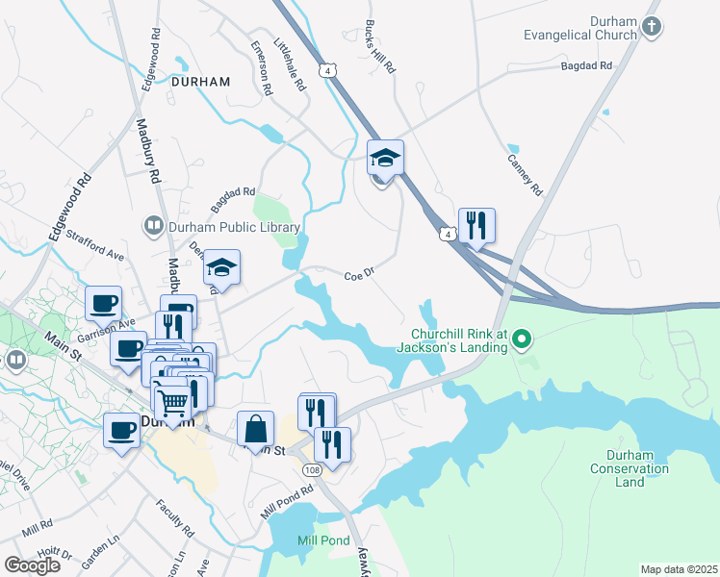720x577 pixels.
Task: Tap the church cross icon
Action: click(653, 26)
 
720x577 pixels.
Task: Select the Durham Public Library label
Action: click(235, 227)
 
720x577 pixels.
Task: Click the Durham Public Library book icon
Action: click(153, 226)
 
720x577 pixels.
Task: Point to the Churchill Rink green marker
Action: click(522, 339)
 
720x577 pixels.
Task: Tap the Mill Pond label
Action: click(323, 540)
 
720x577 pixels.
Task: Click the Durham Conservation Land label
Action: click(624, 468)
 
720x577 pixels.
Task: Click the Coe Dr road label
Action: click(358, 275)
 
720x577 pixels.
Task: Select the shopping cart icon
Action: click(173, 402)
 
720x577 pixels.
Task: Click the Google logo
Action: click(32, 565)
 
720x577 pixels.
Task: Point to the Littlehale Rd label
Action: click(289, 64)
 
